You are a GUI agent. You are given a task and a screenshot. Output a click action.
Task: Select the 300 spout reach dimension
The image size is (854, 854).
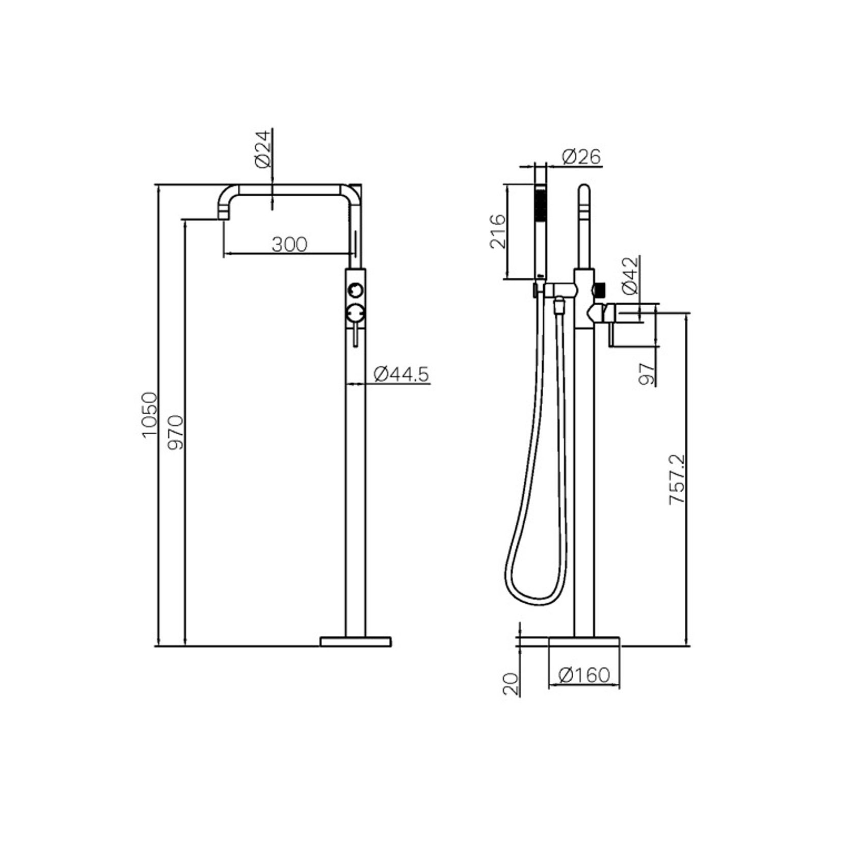tap(289, 245)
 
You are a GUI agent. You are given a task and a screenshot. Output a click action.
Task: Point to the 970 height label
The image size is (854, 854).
tap(175, 432)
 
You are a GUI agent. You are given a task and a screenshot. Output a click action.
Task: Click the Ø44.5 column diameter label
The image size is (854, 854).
tap(402, 375)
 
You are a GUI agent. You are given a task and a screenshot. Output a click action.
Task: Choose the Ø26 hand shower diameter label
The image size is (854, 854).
tap(581, 157)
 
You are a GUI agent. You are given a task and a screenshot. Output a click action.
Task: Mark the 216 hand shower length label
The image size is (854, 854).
tap(498, 232)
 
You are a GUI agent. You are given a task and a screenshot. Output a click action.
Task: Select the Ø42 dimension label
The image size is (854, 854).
tap(630, 276)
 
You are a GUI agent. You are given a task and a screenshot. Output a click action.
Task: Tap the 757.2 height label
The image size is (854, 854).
tap(678, 479)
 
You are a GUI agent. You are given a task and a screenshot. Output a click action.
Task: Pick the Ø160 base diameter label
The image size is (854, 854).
tap(584, 675)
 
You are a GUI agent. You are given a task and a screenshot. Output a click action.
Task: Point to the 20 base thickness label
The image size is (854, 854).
tap(511, 684)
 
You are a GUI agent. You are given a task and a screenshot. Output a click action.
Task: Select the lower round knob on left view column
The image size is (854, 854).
tap(355, 312)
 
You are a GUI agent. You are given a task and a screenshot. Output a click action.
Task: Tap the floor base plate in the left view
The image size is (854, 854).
tap(356, 642)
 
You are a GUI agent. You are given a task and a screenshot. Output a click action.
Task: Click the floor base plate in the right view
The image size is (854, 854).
tap(584, 642)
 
